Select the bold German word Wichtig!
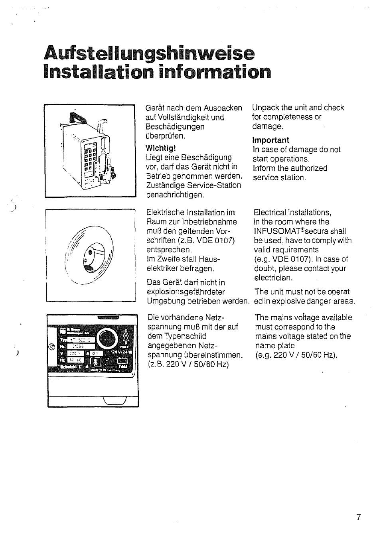(x=161, y=148)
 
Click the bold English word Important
(x=270, y=140)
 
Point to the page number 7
(x=358, y=518)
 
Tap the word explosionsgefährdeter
(x=186, y=292)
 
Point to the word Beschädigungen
(x=175, y=127)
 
